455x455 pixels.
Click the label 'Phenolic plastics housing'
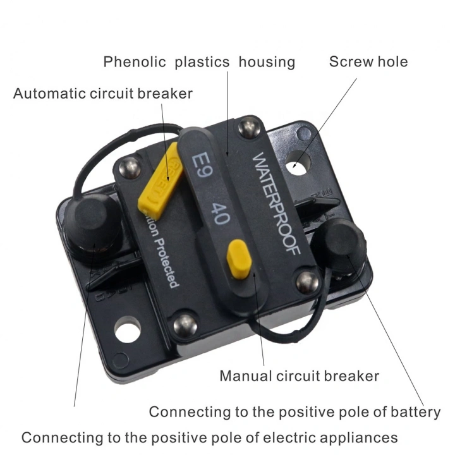point(199,62)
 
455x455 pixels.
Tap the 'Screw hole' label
point(368,62)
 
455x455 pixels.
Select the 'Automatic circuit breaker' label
point(103,94)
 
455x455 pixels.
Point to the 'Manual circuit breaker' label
point(299,376)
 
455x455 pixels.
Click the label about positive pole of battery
point(294,412)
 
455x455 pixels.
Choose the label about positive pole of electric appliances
point(210,437)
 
